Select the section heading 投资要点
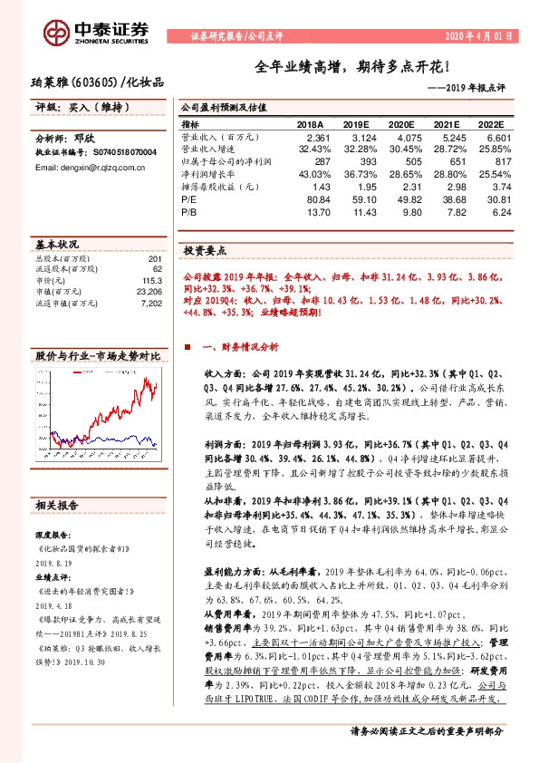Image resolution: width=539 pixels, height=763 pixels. click(205, 250)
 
